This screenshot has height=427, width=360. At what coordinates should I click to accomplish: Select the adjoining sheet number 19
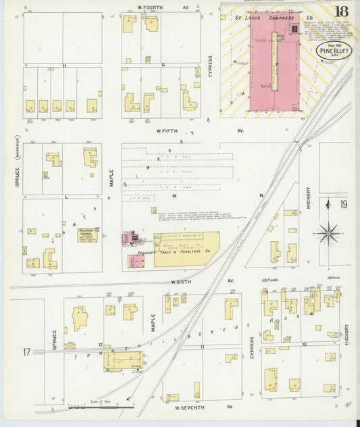click(x=344, y=204)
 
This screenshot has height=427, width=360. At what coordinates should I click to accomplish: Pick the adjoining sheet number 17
click(x=26, y=351)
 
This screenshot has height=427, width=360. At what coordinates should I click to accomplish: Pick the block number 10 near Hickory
click(x=304, y=344)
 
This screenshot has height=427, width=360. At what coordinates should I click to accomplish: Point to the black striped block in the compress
click(x=294, y=30)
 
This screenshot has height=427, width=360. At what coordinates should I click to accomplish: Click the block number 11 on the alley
click(x=201, y=346)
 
